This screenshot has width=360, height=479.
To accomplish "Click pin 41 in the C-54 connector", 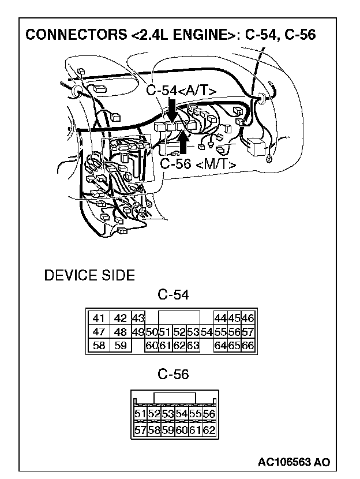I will point(99,318).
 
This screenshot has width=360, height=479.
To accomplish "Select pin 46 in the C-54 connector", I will point(248,318).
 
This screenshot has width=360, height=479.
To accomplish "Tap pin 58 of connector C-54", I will point(99,346).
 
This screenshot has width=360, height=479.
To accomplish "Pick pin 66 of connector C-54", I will point(248,346).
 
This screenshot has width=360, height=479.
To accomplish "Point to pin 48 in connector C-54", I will point(120,332).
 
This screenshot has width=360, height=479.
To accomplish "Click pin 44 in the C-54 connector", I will point(220,318).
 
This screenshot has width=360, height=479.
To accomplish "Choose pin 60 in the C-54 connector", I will point(152,346).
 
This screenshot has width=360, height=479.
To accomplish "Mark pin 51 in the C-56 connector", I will point(140,414).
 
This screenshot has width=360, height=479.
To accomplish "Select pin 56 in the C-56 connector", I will point(209,414).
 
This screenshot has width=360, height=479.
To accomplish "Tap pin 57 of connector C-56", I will point(140,429).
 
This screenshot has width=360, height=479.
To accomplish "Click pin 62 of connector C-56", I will point(209,429).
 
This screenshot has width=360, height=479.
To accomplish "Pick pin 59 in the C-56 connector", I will point(167,429).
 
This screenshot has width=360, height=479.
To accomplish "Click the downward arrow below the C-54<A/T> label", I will point(172,110).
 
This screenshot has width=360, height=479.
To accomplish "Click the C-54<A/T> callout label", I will point(181,91).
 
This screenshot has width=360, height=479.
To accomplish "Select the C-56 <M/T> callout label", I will point(198,164).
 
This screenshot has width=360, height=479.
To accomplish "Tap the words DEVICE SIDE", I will point(89,275).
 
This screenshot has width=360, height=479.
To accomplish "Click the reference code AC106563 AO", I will point(294,462).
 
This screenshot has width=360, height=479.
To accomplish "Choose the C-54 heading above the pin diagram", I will point(173,295).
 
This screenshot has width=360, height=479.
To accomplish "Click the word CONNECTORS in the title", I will point(69,35).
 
